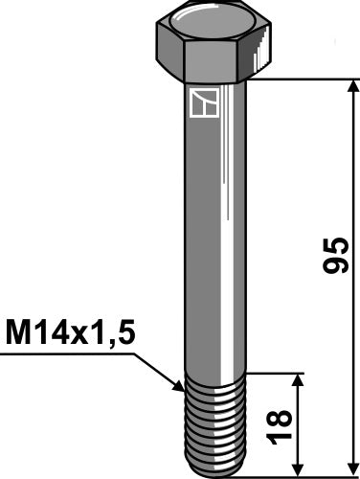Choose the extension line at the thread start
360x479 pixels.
coord(278,374)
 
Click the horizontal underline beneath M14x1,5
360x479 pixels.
coord(57,354)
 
